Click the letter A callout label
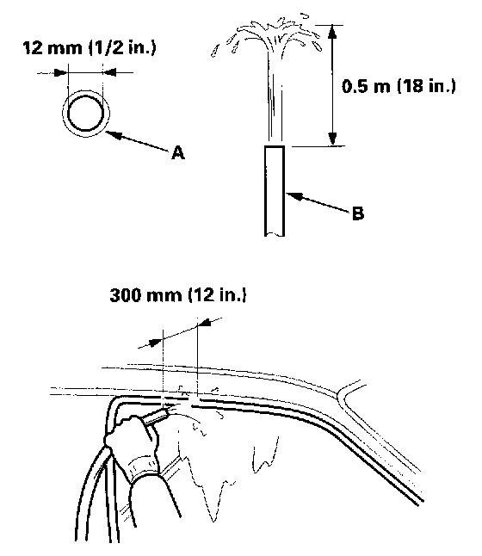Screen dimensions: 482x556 (x=178, y=153)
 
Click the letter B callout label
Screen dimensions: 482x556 (x=358, y=213)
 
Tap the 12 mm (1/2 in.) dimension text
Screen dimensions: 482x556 (x=89, y=48)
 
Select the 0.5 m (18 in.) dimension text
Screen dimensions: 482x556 (x=399, y=86)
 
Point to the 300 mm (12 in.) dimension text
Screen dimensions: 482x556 (x=178, y=295)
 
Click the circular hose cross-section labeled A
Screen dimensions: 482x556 (x=86, y=114)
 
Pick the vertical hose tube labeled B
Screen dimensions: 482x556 (x=275, y=191)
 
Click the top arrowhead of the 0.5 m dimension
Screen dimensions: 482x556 (x=331, y=31)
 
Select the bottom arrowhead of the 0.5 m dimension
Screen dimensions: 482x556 (x=332, y=139)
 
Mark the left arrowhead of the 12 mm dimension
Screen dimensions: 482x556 (x=60, y=72)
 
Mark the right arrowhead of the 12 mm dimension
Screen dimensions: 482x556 (x=109, y=72)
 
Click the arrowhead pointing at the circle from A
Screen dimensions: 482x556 (x=113, y=135)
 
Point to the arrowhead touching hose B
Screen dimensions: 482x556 (x=294, y=195)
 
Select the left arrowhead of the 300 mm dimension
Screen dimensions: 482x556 (x=156, y=343)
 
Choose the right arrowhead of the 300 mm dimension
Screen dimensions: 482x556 (x=205, y=323)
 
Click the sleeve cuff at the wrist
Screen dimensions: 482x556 (x=144, y=469)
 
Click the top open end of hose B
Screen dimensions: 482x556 (x=275, y=146)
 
